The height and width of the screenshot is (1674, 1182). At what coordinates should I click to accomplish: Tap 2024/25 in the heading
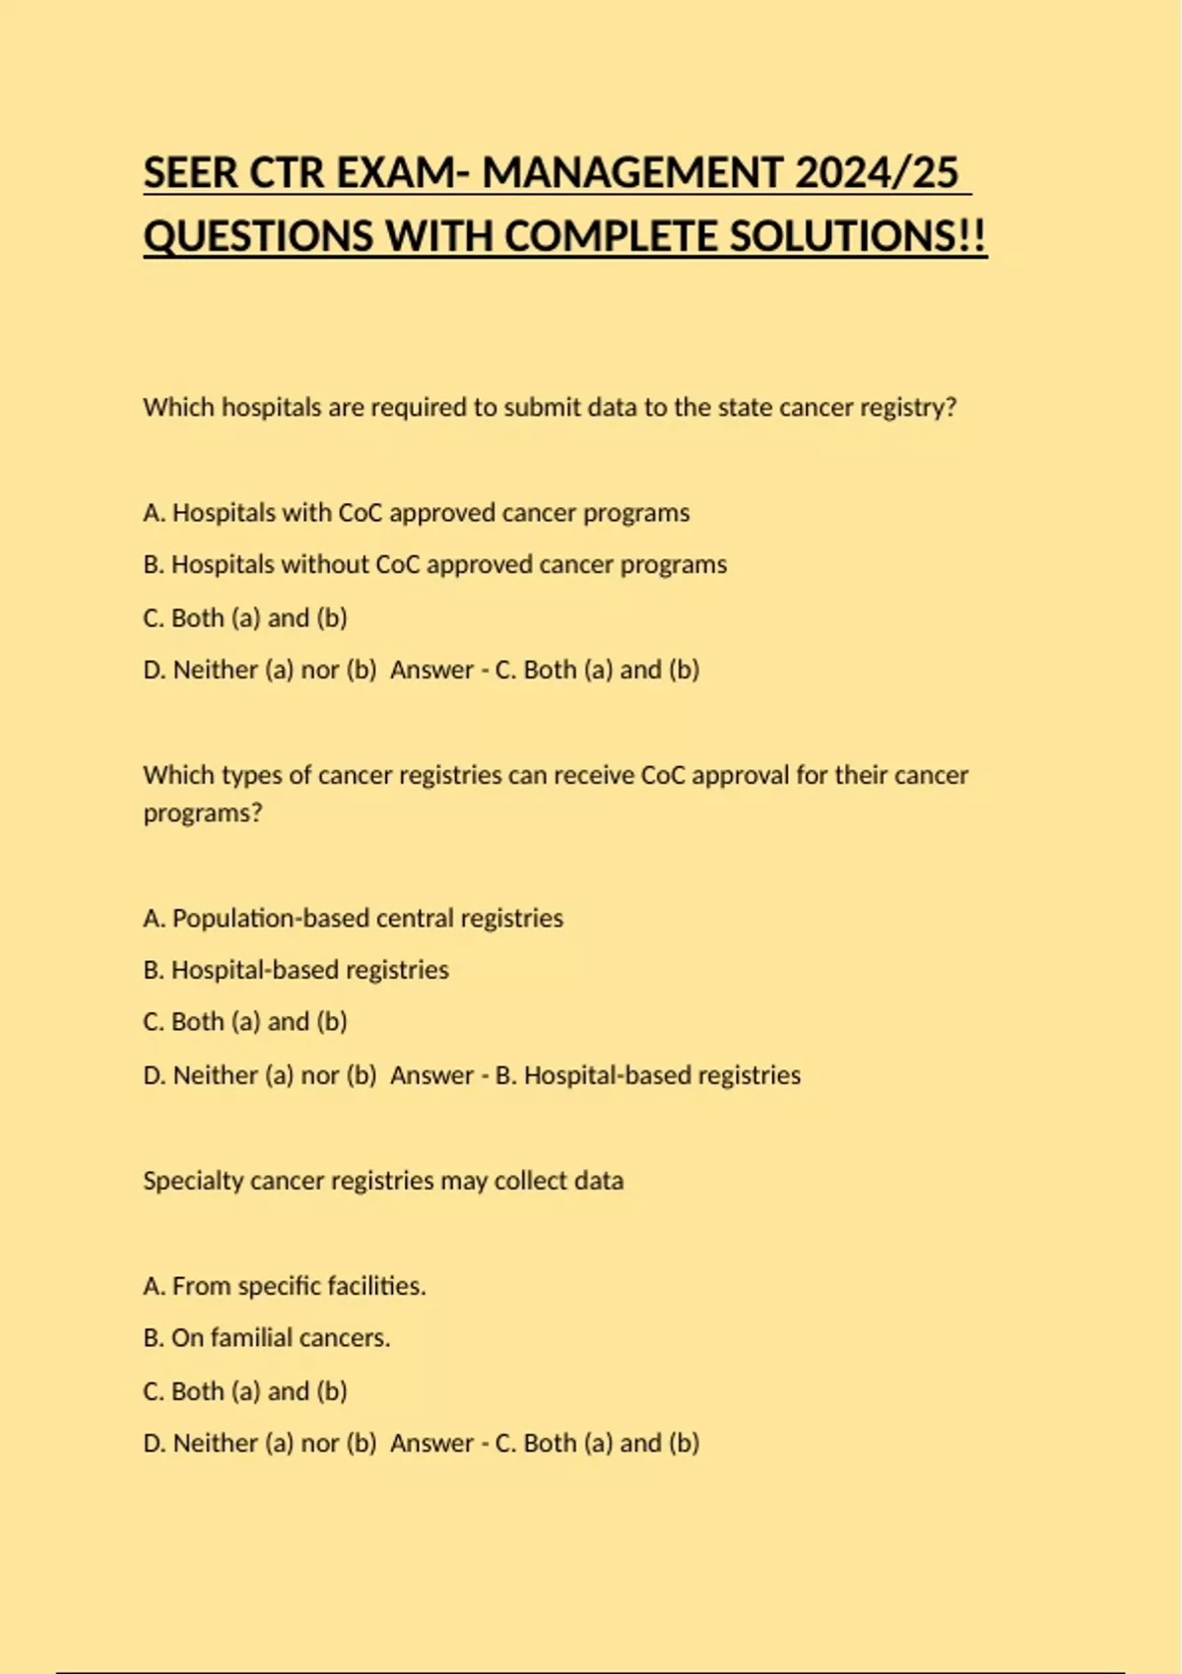click(876, 173)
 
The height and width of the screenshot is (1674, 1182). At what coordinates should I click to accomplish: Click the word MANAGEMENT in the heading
click(632, 173)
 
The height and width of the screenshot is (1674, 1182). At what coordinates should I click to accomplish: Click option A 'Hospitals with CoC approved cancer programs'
click(416, 513)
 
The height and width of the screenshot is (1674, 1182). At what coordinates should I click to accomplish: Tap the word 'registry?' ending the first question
click(908, 408)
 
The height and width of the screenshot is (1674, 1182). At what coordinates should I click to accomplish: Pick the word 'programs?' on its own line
click(203, 813)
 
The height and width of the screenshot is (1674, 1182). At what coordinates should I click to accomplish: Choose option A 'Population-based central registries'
click(353, 919)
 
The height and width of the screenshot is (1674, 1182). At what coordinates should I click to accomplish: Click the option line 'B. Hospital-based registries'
click(295, 970)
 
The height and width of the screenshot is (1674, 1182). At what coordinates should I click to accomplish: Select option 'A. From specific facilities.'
click(284, 1286)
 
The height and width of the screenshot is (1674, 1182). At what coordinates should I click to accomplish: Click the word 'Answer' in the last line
click(431, 1444)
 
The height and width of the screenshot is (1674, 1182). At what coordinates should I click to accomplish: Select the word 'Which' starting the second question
click(178, 776)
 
